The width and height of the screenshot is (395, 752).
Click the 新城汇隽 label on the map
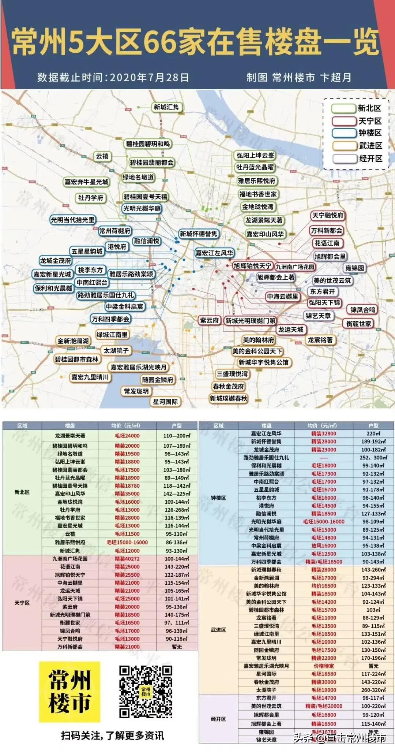[166, 107]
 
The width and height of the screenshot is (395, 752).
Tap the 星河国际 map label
[165, 402]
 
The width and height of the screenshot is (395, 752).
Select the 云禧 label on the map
[102, 156]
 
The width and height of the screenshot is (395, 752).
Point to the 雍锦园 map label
[355, 268]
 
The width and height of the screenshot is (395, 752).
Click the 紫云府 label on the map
[209, 320]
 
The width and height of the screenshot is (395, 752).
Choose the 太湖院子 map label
[116, 351]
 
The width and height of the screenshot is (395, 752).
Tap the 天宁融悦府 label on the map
[327, 216]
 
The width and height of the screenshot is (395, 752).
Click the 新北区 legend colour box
[343, 108]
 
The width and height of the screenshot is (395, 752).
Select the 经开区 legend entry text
[370, 159]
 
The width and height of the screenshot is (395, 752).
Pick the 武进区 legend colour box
[343, 146]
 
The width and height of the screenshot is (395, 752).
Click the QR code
[146, 692]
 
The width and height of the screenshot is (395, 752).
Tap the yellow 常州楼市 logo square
[69, 692]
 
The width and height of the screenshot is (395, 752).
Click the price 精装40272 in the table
[127, 559]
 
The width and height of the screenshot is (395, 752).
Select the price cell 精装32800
[323, 433]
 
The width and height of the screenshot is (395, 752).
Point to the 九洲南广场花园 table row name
[70, 559]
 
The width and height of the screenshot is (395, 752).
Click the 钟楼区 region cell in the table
[218, 498]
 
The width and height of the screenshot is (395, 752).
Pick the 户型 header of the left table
[177, 426]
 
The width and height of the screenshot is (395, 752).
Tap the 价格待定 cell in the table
[323, 666]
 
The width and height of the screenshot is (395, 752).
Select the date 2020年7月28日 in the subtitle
[149, 78]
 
